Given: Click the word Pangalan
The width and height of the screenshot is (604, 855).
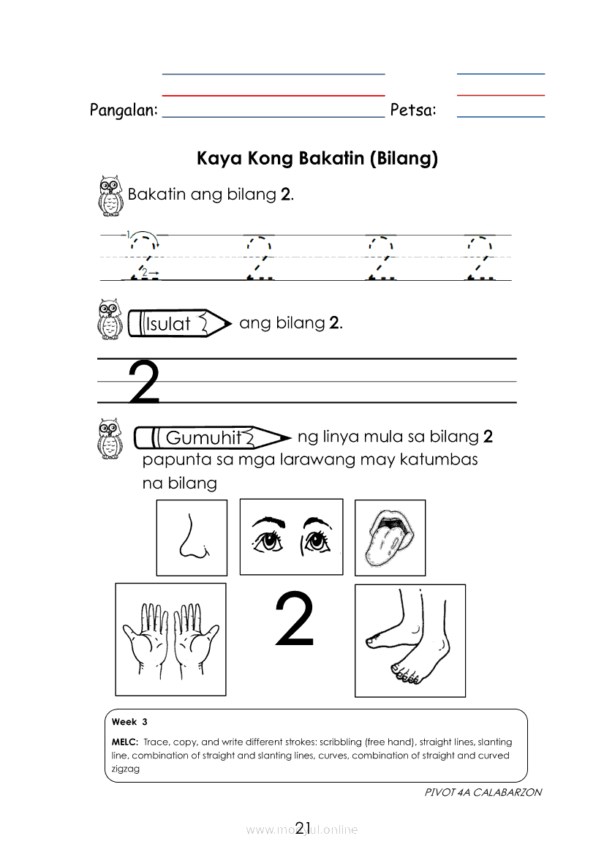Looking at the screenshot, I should (x=123, y=110).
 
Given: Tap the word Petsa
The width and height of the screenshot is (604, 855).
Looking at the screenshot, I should (x=412, y=110).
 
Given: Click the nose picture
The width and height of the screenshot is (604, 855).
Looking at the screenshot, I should (x=192, y=538).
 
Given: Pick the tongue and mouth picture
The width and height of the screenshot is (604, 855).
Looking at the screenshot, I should (x=390, y=538).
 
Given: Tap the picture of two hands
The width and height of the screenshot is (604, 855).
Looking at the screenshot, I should (x=170, y=639).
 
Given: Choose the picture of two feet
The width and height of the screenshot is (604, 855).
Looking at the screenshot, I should (x=409, y=640).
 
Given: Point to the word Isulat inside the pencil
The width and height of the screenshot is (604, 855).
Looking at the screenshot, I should (x=168, y=324).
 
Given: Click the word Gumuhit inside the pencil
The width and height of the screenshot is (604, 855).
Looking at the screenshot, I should (x=203, y=438).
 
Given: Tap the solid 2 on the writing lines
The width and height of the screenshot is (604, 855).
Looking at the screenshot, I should (x=144, y=382).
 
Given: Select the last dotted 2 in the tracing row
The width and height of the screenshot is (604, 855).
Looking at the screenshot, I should (x=480, y=257).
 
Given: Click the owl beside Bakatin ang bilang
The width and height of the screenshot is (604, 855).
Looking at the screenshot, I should (x=110, y=195).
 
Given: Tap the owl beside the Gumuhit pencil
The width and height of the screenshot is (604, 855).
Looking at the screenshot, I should (x=110, y=438).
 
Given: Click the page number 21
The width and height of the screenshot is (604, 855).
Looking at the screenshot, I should (x=303, y=827).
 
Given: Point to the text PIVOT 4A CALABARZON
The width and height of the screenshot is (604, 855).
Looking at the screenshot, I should (x=483, y=792).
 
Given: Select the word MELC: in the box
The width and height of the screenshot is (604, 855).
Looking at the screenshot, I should (x=125, y=742).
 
